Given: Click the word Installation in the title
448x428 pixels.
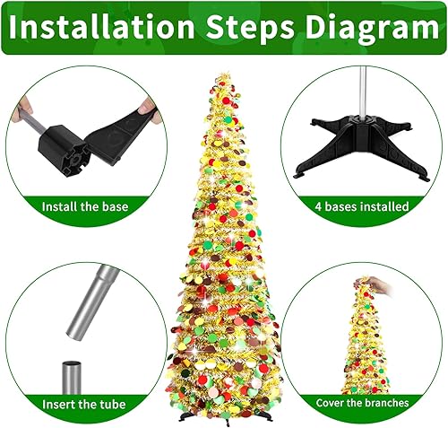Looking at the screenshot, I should tap(108, 28).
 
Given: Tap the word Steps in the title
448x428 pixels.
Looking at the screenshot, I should tap(261, 28).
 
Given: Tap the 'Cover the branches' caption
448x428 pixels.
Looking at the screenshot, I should tap(361, 403).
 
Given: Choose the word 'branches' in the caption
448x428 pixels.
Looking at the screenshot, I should tap(384, 403).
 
